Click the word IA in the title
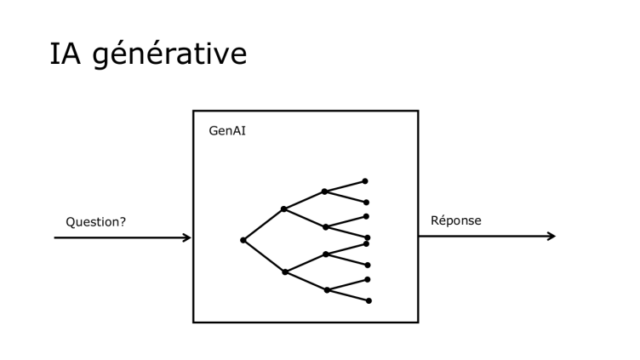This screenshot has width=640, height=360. click(66, 54)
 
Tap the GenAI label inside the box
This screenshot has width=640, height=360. click(227, 131)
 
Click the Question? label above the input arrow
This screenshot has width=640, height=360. click(95, 222)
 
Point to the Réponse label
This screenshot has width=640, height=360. click(456, 220)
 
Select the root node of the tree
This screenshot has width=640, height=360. click(243, 240)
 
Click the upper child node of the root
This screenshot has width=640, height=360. click(284, 209)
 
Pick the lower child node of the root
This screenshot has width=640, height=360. click(285, 271)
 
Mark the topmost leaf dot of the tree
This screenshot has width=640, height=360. click(365, 180)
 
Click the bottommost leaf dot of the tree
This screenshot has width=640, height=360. click(369, 300)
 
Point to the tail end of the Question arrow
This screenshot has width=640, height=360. click(56, 237)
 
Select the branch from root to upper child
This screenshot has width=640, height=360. click(264, 225)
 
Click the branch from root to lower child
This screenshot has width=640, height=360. click(264, 255)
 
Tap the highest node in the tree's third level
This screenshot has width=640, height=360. click(324, 191)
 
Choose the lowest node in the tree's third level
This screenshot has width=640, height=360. click(327, 290)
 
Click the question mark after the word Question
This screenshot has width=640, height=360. click(123, 222)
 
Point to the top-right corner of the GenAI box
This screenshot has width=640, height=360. click(418, 111)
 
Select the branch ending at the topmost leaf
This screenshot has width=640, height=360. click(345, 186)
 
